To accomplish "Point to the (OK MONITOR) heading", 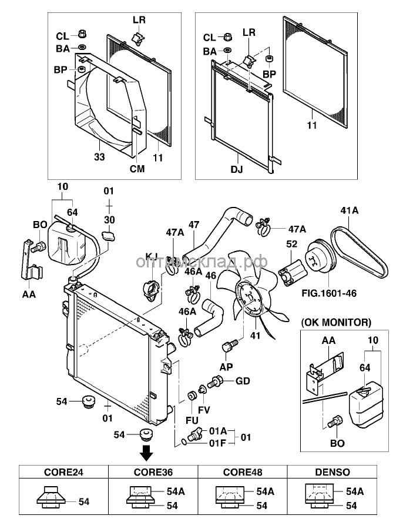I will tap(336, 322).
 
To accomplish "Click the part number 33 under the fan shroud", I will tap(100, 157).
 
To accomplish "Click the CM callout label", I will tap(137, 169).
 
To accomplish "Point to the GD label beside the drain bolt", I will tap(243, 381).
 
